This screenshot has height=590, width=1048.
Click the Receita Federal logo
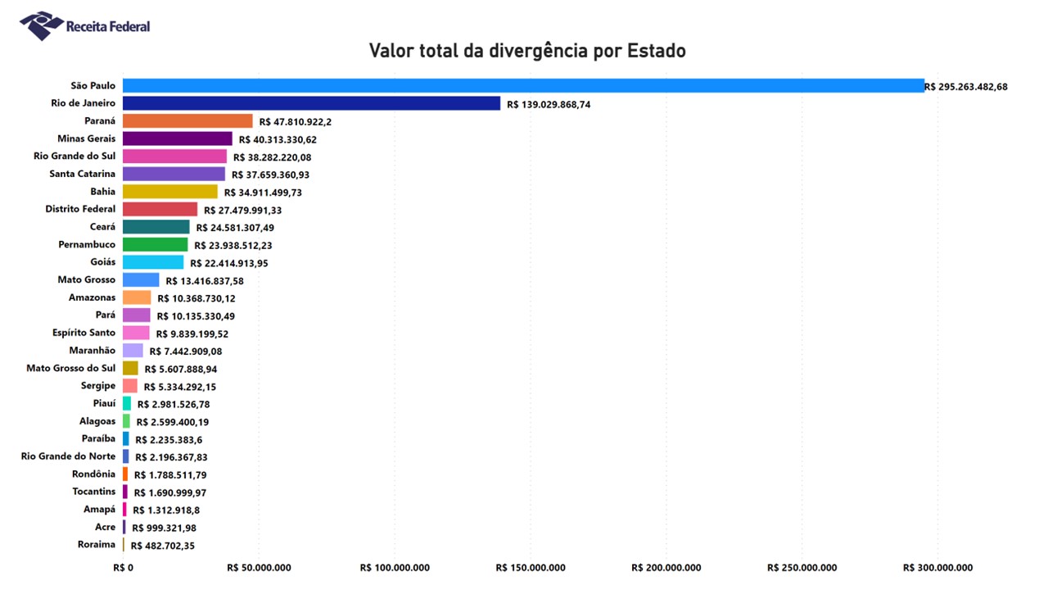[84, 26]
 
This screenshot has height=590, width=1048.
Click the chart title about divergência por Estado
[526, 51]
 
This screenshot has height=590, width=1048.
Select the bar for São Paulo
[523, 85]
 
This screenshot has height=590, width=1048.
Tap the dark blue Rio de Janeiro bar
[311, 103]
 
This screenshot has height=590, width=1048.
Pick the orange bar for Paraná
[187, 120]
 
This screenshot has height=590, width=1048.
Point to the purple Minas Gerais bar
[178, 138]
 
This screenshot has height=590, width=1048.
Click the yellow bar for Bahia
[170, 192]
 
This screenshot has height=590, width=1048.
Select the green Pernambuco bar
[155, 244]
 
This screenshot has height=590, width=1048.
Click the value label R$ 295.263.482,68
[965, 87]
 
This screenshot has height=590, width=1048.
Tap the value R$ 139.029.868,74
[549, 105]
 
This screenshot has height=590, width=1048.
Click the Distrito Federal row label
[80, 209]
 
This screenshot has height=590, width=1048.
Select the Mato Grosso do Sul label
[71, 368]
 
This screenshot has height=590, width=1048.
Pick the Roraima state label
[97, 545]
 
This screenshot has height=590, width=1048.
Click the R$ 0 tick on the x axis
[123, 568]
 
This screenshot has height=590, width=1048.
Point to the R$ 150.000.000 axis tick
[530, 568]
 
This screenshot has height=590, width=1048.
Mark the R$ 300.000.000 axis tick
[937, 568]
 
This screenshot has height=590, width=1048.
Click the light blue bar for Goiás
[153, 262]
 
